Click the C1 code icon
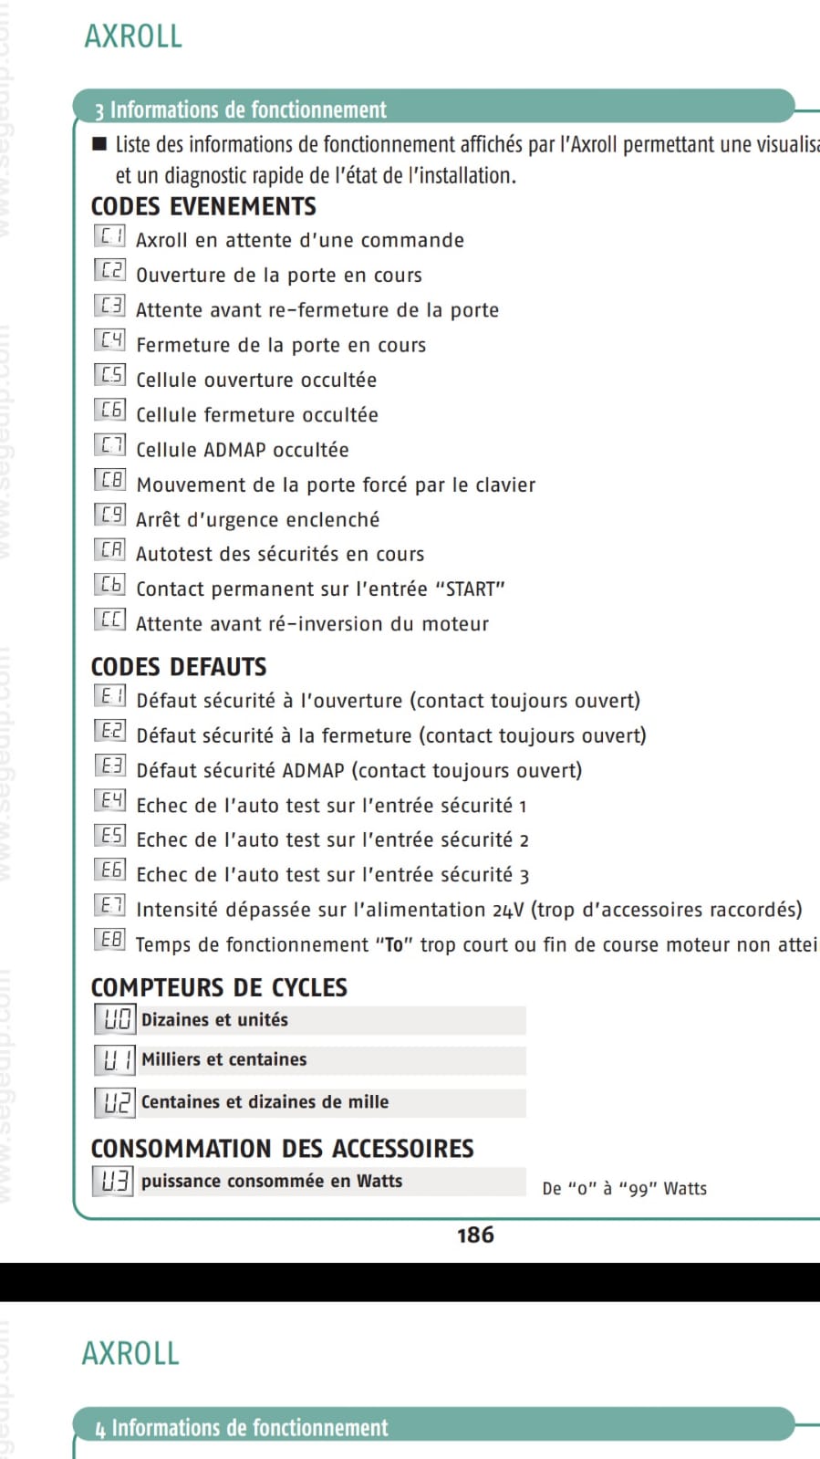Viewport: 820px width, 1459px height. click(x=109, y=236)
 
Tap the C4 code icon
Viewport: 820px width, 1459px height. click(x=109, y=341)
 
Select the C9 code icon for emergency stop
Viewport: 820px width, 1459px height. click(x=109, y=516)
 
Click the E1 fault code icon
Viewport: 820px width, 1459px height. click(x=109, y=697)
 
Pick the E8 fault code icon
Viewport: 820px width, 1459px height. click(x=109, y=940)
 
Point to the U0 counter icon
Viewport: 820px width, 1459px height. click(x=116, y=1019)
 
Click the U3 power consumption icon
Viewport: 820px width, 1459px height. click(x=114, y=1181)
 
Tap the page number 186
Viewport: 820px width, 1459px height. click(x=475, y=1235)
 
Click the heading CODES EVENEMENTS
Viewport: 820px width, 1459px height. click(x=203, y=206)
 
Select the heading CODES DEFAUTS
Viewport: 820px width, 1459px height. click(x=179, y=667)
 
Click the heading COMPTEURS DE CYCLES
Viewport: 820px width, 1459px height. click(x=219, y=987)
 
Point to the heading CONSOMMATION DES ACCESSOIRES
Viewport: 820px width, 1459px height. click(x=282, y=1148)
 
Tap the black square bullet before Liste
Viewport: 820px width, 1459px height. click(x=99, y=144)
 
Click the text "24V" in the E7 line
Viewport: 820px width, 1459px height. click(x=508, y=911)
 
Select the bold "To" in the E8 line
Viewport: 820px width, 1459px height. click(x=394, y=945)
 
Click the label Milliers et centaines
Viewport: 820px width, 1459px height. click(x=223, y=1059)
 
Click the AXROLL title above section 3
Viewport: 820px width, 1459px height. click(x=133, y=36)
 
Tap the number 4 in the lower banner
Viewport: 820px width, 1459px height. click(x=100, y=1430)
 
